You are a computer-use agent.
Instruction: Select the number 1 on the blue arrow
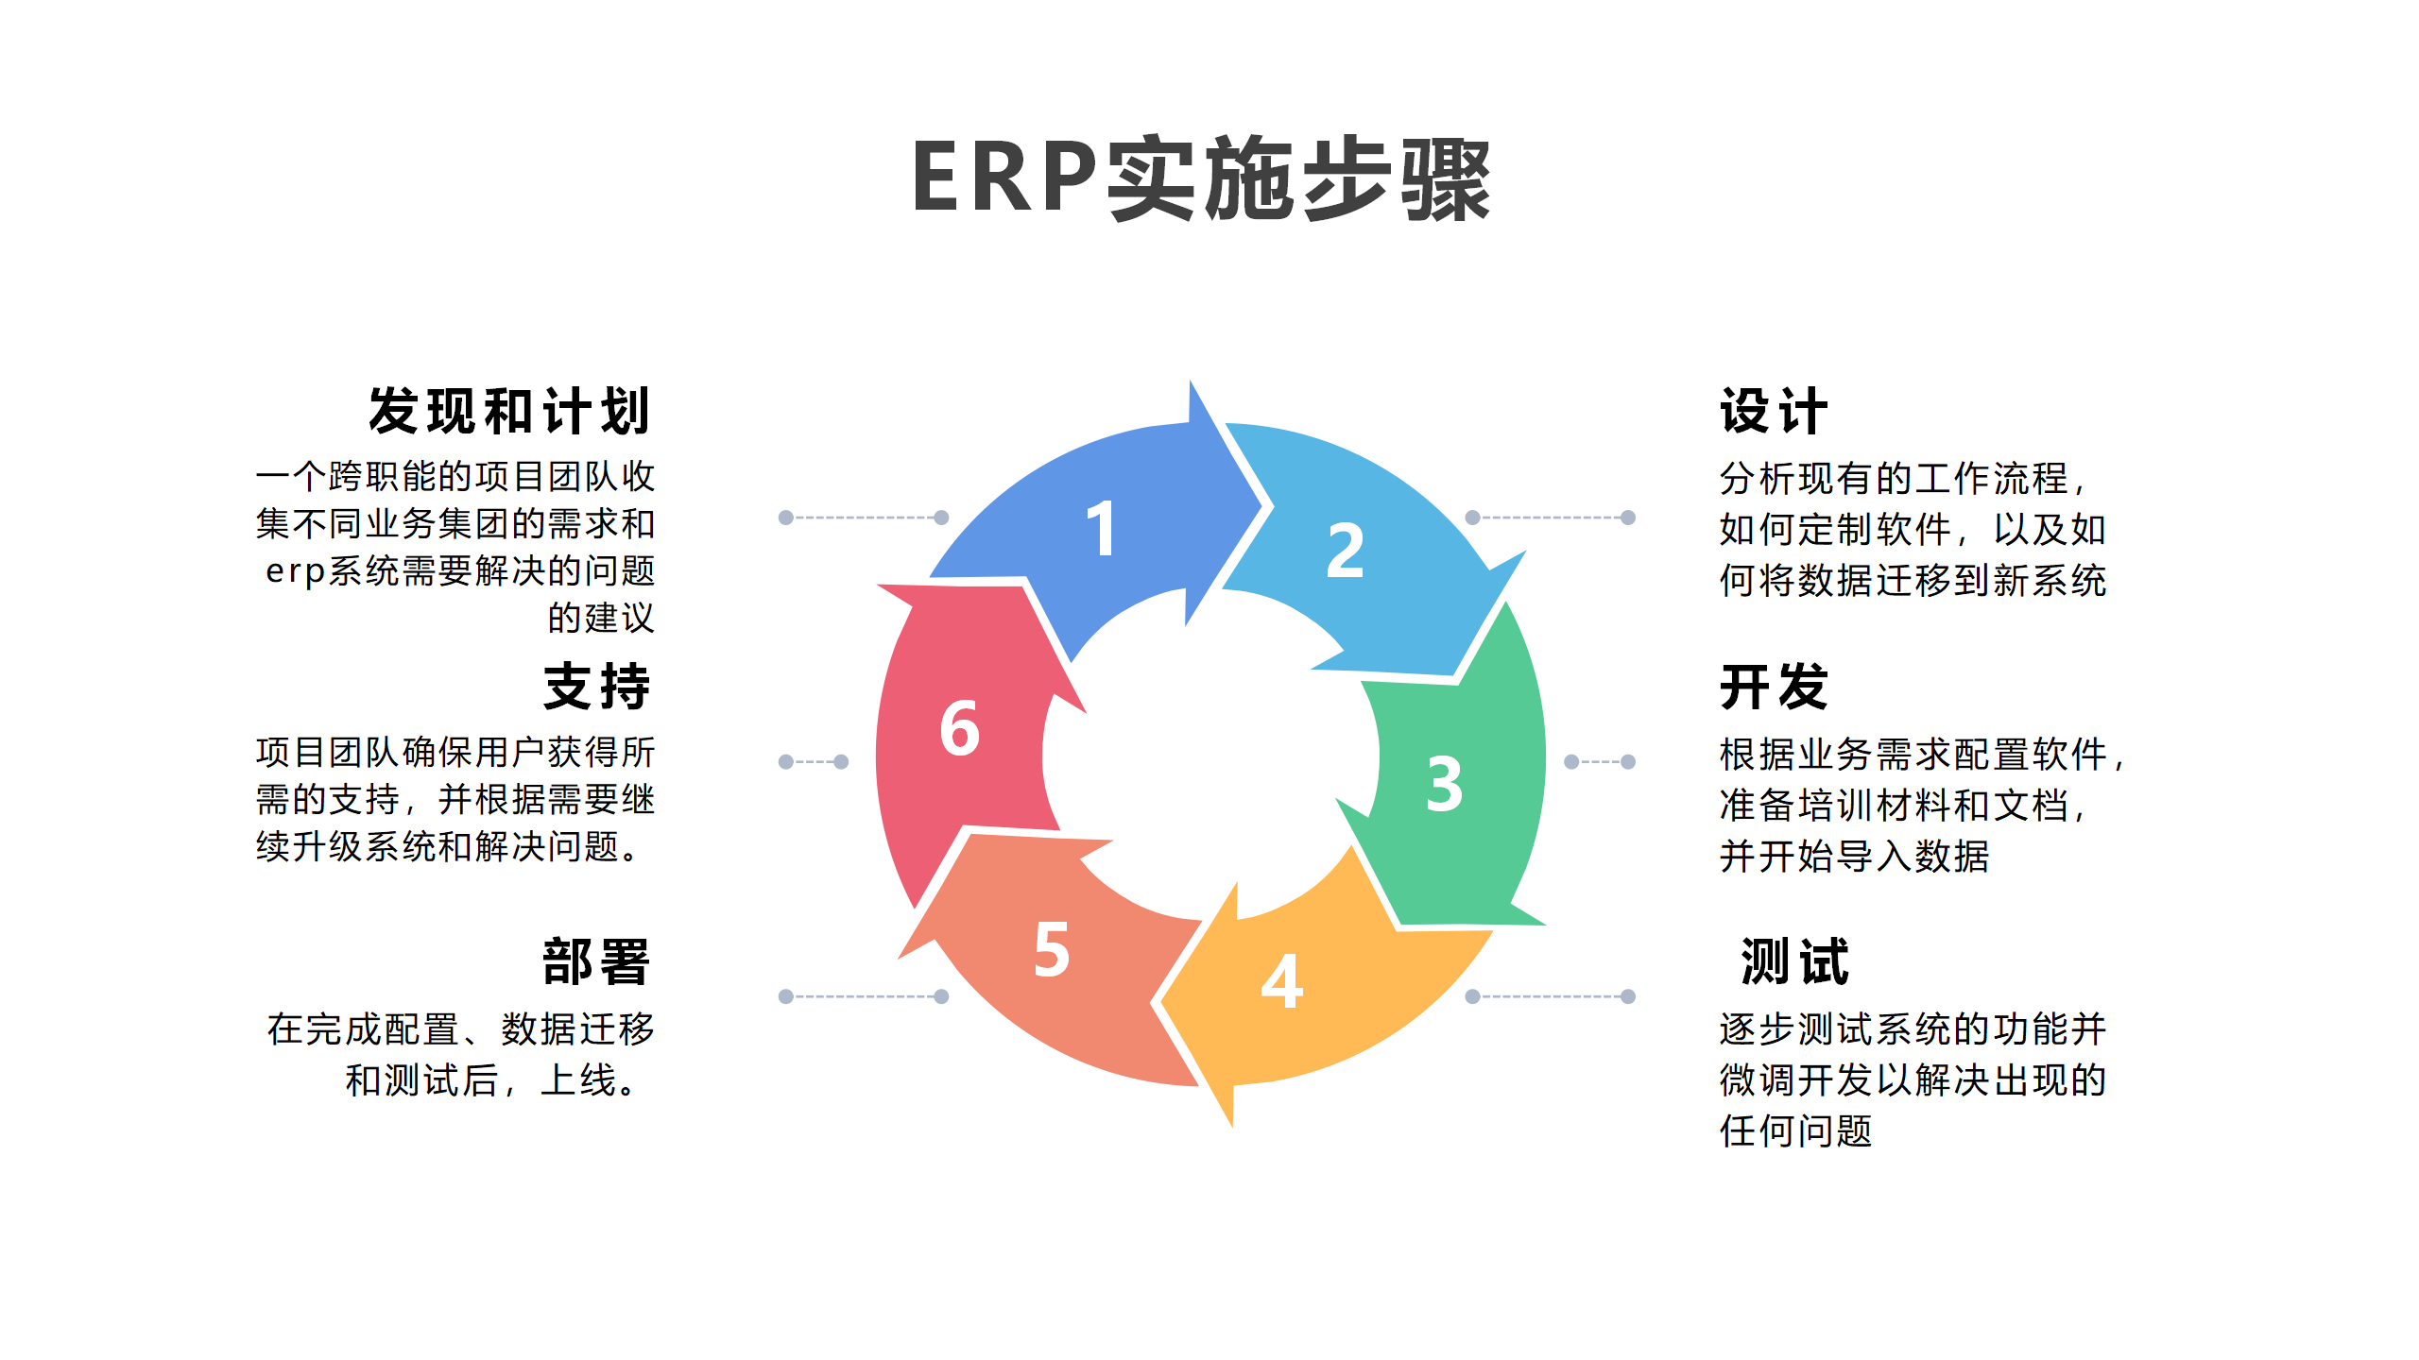point(1102,528)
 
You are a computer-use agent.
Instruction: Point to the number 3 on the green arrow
point(1445,784)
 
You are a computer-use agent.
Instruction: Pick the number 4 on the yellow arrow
point(1282,981)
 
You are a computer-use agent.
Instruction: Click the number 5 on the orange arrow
point(1052,949)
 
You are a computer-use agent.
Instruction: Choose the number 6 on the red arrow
point(960,728)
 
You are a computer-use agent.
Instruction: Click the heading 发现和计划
point(510,411)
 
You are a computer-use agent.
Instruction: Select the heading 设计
point(1774,411)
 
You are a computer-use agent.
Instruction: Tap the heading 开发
point(1774,687)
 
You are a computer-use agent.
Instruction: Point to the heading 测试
point(1794,962)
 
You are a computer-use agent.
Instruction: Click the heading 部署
point(596,962)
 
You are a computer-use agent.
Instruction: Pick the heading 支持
point(596,687)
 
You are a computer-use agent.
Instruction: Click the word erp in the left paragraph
point(295,571)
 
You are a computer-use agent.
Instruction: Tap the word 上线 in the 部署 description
point(578,1079)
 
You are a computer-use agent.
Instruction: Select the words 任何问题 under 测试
point(1795,1130)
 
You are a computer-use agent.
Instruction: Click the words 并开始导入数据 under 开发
point(1854,856)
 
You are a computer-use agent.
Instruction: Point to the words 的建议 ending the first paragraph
point(601,618)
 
